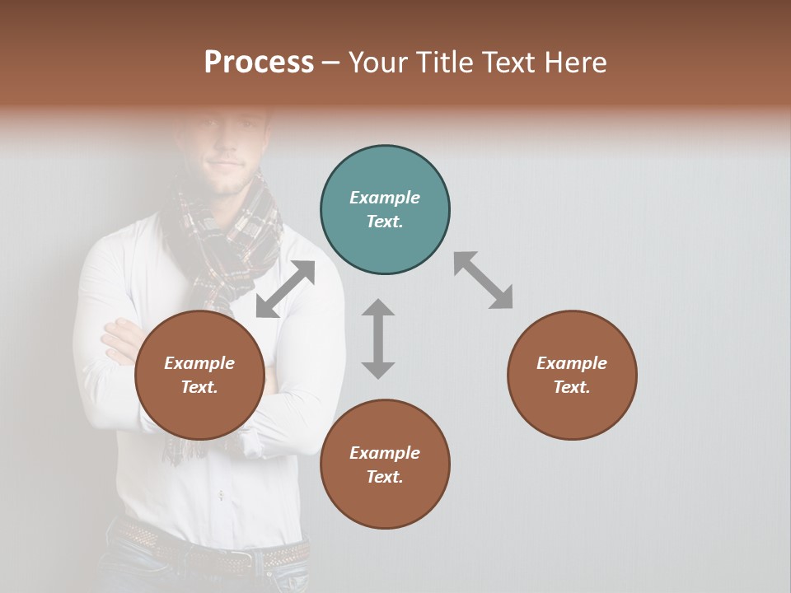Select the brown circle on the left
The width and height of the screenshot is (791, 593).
click(x=199, y=375)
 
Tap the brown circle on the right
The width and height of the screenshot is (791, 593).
click(x=572, y=375)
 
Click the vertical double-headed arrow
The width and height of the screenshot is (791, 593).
click(x=378, y=339)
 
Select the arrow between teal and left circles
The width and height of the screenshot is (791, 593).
click(x=286, y=289)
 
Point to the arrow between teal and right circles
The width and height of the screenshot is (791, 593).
click(x=484, y=280)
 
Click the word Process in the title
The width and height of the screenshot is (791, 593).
click(x=259, y=62)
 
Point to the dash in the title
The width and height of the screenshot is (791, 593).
click(x=330, y=63)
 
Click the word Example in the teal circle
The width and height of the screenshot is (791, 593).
click(x=385, y=198)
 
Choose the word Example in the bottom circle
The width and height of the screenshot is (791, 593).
click(x=385, y=453)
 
